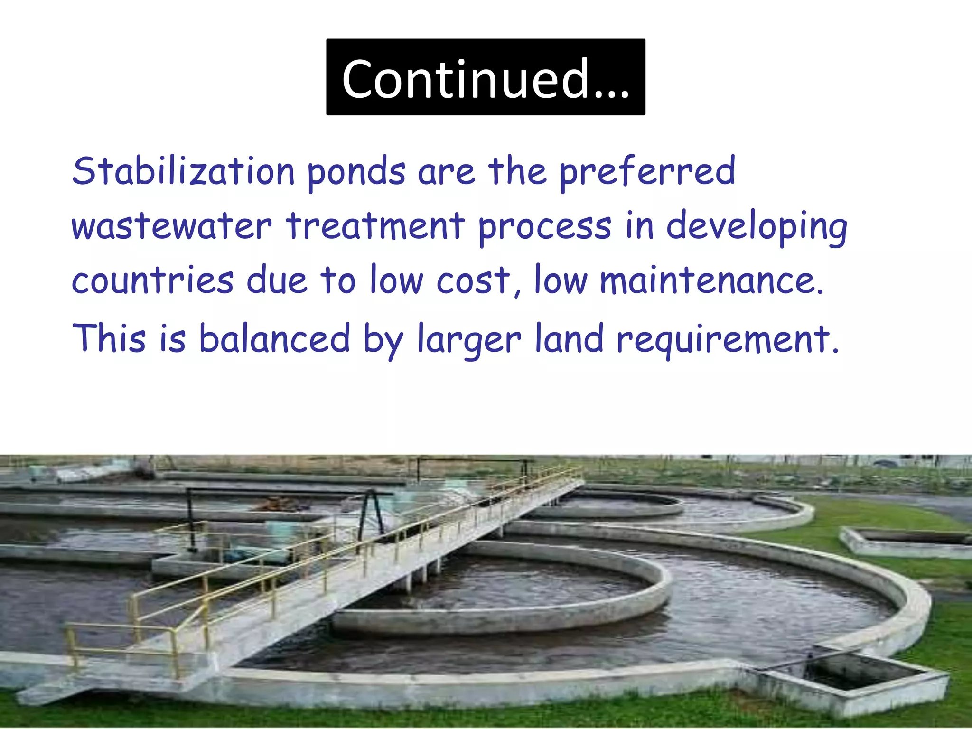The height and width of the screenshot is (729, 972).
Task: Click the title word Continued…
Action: click(486, 78)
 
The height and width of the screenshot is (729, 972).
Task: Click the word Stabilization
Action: click(183, 171)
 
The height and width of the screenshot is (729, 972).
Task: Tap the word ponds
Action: click(356, 172)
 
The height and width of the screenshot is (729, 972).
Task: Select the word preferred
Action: click(647, 172)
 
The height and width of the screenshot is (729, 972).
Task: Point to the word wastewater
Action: click(171, 226)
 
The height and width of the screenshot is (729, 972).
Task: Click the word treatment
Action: click(375, 226)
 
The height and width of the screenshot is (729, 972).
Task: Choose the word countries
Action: click(152, 280)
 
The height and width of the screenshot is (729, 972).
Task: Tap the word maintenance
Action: click(711, 280)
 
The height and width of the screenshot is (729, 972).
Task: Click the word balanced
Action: click(274, 338)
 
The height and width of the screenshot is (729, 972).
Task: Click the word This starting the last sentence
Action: click(109, 338)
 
